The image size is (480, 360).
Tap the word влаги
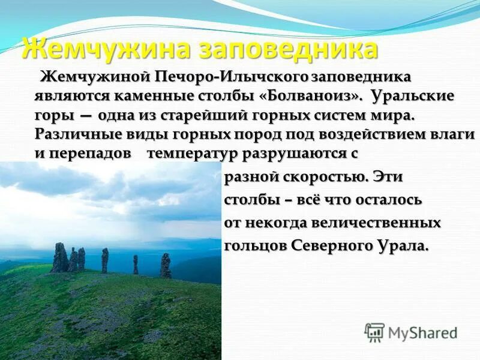click(x=453, y=133)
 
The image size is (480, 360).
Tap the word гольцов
click(x=255, y=246)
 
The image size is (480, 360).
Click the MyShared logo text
click(x=422, y=332)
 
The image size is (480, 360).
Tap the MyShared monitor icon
click(x=374, y=332)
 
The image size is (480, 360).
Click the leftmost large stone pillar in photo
click(x=60, y=258)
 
